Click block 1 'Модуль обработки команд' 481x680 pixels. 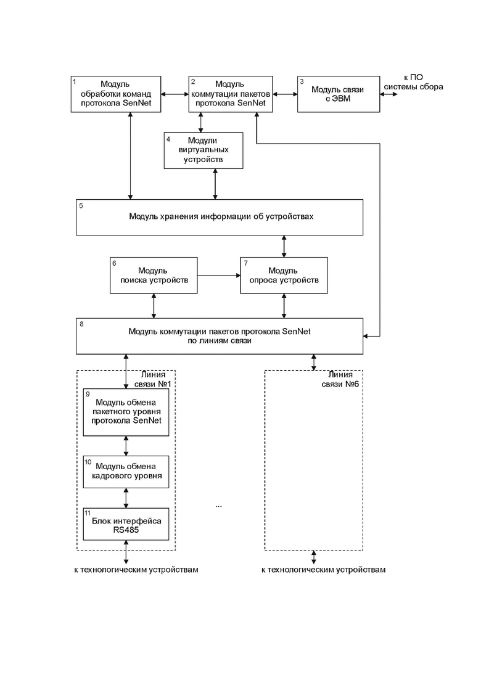point(116,94)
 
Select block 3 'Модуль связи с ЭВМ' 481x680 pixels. point(339,94)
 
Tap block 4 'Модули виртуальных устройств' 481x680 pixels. point(203,150)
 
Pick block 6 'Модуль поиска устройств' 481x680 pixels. point(154,276)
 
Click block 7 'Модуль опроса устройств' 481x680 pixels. point(284,276)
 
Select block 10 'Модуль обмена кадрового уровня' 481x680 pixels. point(126,472)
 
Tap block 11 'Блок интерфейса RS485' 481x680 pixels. point(126,524)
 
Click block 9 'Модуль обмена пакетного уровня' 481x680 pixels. point(126,412)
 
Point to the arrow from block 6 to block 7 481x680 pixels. point(218,276)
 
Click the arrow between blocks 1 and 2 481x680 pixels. point(175,94)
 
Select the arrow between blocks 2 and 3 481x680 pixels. point(285,94)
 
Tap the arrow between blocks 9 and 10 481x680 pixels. point(126,446)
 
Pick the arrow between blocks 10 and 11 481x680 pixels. point(126,498)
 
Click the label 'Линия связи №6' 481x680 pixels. point(340,379)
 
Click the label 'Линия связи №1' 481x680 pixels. point(153,379)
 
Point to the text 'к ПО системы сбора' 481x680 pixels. point(413,82)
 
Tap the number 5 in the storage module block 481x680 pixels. point(81,205)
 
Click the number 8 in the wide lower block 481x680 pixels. point(81,324)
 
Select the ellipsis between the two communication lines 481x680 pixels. point(218,506)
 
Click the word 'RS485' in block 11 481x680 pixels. point(126,530)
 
